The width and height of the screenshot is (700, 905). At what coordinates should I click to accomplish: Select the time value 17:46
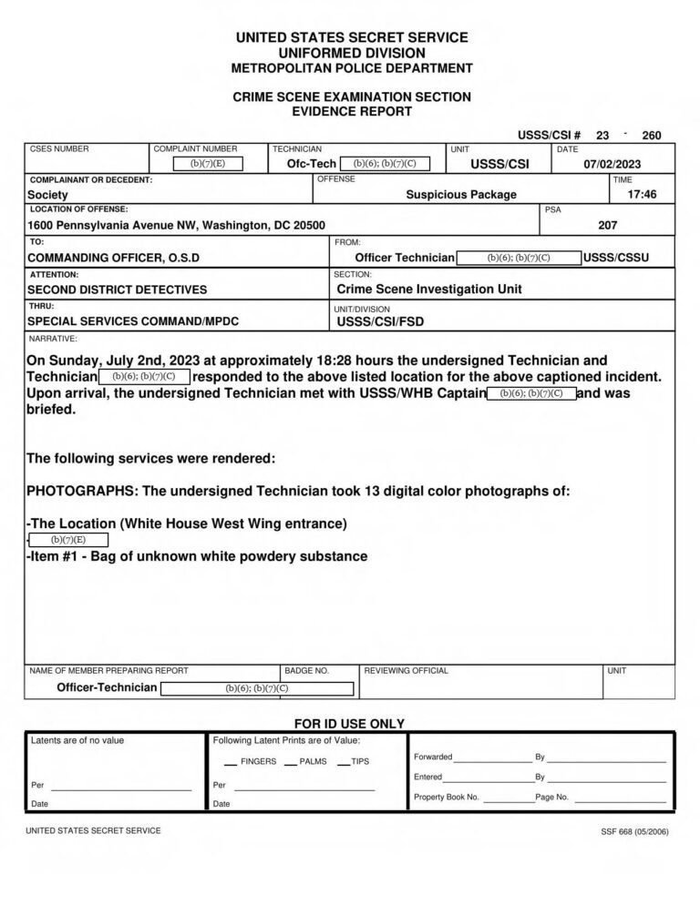coord(642,194)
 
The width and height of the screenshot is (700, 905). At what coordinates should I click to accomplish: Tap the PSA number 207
coord(608,225)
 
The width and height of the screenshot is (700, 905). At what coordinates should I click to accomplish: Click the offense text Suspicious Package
coord(461,194)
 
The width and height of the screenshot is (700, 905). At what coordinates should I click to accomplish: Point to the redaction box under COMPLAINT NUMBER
coord(208,164)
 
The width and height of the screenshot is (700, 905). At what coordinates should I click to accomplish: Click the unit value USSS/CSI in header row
coord(499,164)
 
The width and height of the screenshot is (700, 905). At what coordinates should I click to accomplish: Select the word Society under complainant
coord(47,195)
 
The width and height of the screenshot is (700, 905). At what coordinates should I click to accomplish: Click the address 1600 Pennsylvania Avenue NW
coord(176,225)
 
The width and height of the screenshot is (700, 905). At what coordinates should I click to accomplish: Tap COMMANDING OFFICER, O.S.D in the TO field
coord(113,258)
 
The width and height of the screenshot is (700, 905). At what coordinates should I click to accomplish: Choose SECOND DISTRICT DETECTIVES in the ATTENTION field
coord(117,290)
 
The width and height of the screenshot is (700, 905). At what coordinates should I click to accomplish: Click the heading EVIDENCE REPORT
coord(351,111)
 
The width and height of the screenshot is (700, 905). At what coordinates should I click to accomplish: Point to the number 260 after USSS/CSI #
coord(652,136)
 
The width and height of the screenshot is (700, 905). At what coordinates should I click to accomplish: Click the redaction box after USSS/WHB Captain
coord(532,393)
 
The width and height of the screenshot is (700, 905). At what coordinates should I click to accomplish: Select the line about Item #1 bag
coord(198,556)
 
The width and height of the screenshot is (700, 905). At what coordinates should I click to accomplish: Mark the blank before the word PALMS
coord(290,762)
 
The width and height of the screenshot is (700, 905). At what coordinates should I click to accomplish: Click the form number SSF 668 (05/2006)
coord(634,831)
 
